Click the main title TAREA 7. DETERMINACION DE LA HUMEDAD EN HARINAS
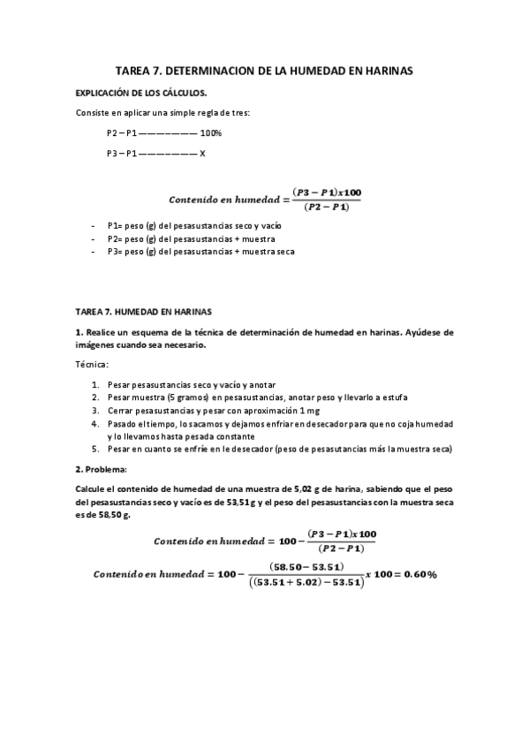(264, 69)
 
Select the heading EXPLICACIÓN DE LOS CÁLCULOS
(141, 92)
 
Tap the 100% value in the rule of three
(211, 133)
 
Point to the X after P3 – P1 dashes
(202, 153)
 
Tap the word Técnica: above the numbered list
(91, 364)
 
